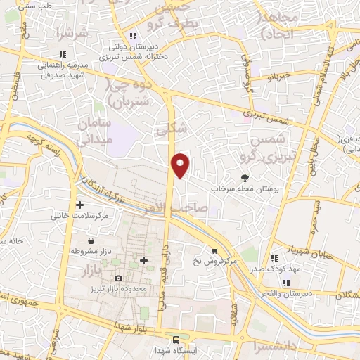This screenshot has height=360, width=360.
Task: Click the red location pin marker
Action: click(x=181, y=165)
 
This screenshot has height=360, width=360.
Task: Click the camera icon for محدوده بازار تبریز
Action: click(x=117, y=278)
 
